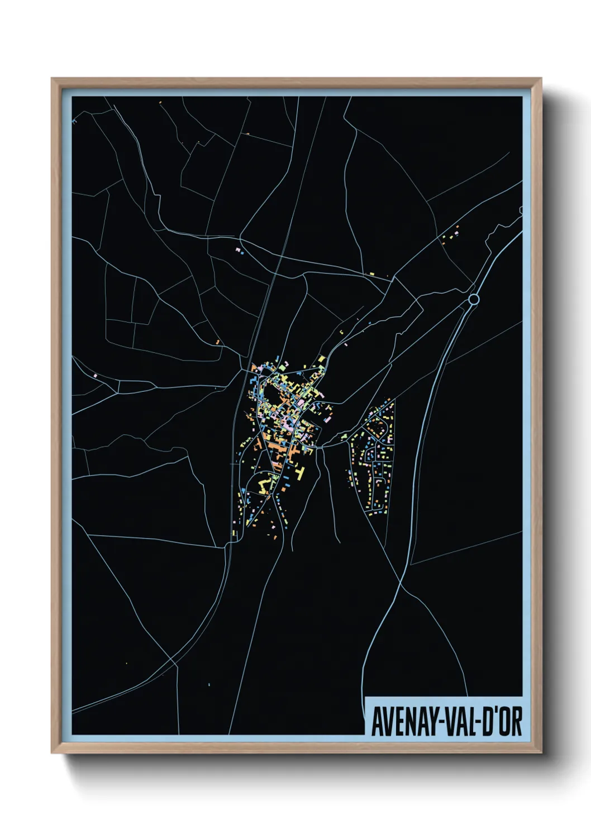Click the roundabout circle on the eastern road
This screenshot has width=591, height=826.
(x=474, y=300)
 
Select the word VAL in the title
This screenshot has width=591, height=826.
(x=459, y=723)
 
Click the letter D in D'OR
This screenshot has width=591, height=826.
(x=485, y=723)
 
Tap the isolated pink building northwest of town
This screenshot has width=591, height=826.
(x=239, y=249)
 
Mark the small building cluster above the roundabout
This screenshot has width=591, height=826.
(x=451, y=234)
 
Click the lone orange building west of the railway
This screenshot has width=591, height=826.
(x=217, y=342)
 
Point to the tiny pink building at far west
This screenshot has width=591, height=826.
(x=96, y=376)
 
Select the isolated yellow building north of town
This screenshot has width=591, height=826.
(x=371, y=273)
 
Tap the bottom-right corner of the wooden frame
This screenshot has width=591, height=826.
(x=540, y=752)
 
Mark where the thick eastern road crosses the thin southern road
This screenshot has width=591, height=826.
(x=401, y=584)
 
